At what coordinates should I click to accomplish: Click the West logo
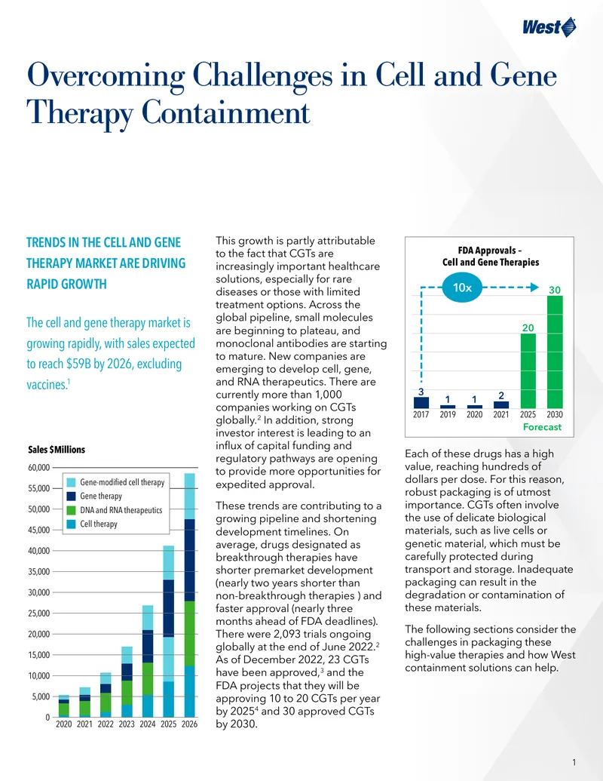point(549,27)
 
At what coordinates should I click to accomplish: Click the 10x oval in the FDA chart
point(462,287)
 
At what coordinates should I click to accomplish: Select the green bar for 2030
point(555,352)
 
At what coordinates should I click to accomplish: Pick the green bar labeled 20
point(528,371)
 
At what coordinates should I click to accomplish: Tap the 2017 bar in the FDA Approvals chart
point(421,402)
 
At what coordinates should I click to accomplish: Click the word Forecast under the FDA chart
point(542,427)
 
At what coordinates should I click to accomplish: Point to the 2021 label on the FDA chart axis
point(501,414)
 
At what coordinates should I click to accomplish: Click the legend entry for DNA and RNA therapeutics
point(115,510)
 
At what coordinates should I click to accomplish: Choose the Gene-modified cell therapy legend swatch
point(71,482)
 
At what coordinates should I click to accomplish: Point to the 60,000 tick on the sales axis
point(38,468)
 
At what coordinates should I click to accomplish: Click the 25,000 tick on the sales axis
point(38,613)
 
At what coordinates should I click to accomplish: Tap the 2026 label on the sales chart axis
point(189,724)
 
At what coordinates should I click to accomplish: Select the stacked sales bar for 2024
point(147,661)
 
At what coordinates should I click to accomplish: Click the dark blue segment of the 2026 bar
point(189,560)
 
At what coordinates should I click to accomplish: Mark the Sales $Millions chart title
point(57,449)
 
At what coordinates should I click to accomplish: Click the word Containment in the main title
point(226,112)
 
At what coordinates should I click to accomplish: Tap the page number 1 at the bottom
point(574,762)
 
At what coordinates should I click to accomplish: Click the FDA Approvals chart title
point(491,256)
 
